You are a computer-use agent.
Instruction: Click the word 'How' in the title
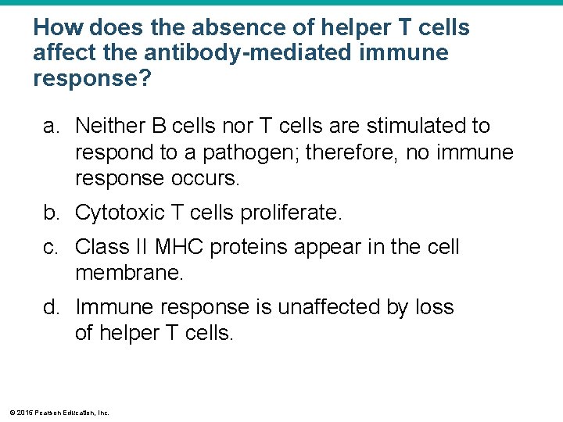(59, 29)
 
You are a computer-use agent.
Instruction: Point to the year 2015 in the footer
(23, 412)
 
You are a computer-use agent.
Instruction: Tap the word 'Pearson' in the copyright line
(45, 412)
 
